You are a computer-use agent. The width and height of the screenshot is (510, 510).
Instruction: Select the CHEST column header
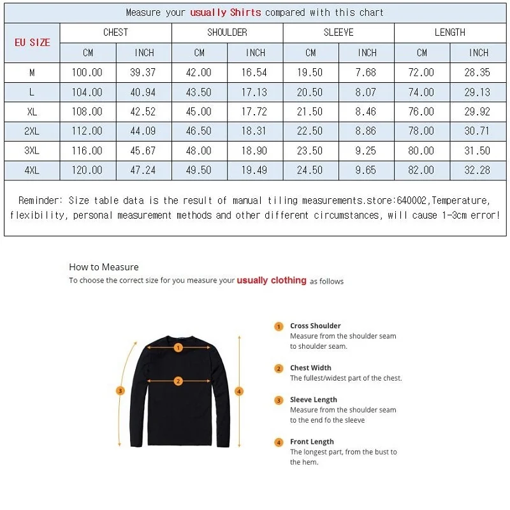click(115, 33)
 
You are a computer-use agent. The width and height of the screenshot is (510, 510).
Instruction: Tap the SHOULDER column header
click(227, 33)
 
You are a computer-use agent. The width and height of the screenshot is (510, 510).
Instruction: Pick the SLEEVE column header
click(339, 33)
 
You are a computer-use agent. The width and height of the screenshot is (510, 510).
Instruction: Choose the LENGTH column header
click(450, 33)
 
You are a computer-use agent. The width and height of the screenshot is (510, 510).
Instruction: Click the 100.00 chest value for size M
click(88, 73)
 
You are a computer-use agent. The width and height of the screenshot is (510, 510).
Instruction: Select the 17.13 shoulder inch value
click(254, 92)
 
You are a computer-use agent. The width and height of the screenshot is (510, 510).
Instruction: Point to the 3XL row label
click(32, 151)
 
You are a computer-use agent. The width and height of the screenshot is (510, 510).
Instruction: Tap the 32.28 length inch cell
click(477, 170)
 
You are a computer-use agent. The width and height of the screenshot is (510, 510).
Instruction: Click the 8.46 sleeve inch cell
click(367, 112)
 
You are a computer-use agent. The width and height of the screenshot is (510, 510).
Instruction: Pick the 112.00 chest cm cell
click(88, 131)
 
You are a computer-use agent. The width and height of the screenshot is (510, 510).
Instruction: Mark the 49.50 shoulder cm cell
click(199, 170)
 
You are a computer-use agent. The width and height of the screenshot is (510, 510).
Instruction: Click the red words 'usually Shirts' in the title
click(226, 12)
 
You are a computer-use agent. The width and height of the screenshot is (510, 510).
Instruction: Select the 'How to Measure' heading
click(103, 267)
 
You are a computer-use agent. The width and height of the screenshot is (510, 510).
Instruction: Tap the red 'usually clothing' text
click(272, 280)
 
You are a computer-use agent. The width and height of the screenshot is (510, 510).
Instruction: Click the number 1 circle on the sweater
click(178, 347)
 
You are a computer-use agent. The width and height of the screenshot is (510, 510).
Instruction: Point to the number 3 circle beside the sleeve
click(120, 391)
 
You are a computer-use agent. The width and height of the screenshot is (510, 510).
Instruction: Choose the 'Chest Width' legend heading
click(310, 368)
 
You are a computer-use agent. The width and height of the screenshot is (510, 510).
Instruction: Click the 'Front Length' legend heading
click(312, 441)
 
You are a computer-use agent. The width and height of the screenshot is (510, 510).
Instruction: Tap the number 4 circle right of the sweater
click(240, 391)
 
